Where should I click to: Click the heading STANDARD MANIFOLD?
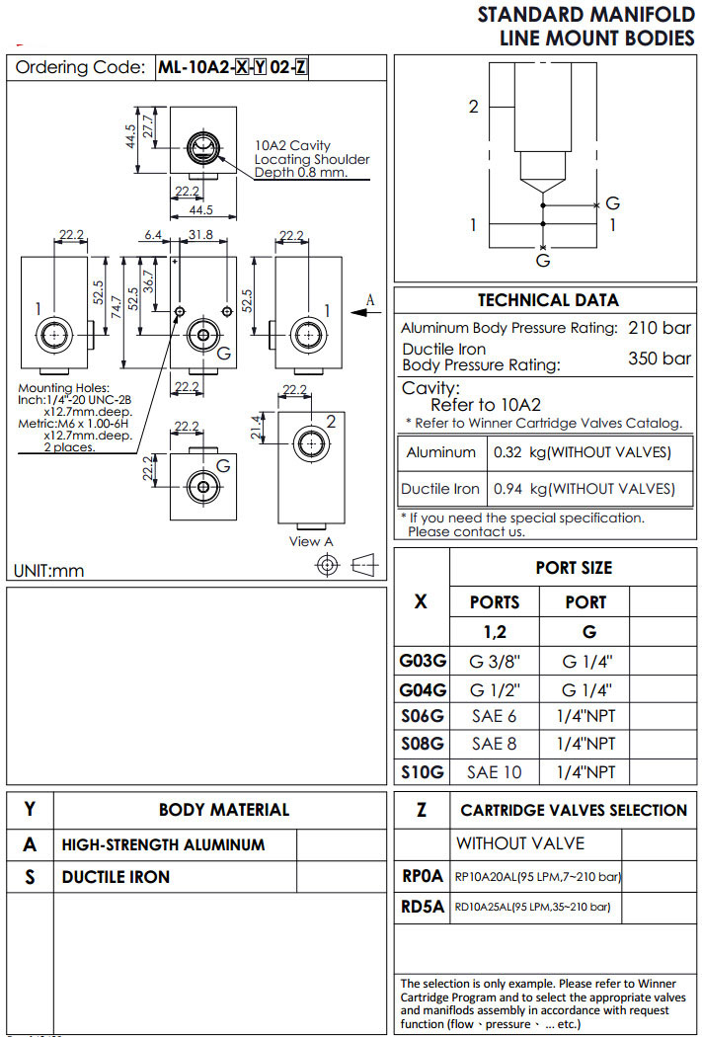(x=586, y=15)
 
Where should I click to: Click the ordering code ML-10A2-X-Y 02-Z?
(x=232, y=67)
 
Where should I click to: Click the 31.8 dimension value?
(x=200, y=235)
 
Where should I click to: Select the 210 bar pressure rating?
(x=660, y=328)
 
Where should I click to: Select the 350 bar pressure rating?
(x=660, y=358)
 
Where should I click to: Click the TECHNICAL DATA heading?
(x=548, y=300)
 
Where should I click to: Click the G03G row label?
(x=422, y=661)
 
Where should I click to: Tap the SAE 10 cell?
(x=495, y=771)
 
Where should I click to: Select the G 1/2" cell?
(x=494, y=688)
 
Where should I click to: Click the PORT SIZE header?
(x=574, y=568)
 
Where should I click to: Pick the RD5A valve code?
(x=423, y=906)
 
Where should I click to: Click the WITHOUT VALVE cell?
(x=519, y=843)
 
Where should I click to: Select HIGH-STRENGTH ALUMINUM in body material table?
(x=164, y=844)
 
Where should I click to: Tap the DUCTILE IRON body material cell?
(x=116, y=876)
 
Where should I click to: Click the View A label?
(x=311, y=540)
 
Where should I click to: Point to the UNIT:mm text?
(x=49, y=570)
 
